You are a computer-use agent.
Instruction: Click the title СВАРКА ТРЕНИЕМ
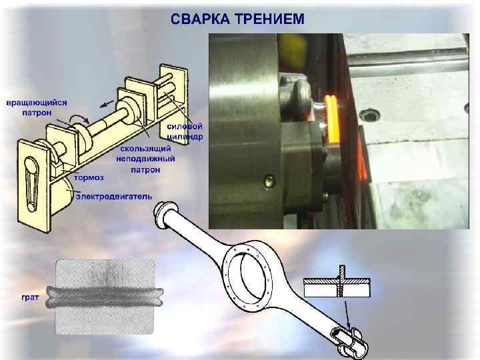(237, 19)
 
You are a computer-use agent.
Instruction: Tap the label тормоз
(89, 177)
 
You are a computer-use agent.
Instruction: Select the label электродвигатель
(114, 196)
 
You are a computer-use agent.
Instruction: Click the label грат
(30, 297)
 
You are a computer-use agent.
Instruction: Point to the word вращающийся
(37, 103)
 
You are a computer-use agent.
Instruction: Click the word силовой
(185, 126)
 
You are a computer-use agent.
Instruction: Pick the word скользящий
(145, 149)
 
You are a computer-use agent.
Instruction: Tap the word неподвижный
(145, 159)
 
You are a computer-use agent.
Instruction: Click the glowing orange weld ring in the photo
(331, 119)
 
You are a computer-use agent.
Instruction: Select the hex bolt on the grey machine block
(369, 115)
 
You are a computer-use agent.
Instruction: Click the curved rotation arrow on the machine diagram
(79, 119)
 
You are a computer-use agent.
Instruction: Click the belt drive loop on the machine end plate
(31, 185)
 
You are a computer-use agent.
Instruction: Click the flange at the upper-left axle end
(162, 214)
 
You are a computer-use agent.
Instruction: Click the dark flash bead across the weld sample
(105, 296)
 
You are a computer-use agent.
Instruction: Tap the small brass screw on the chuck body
(269, 181)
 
